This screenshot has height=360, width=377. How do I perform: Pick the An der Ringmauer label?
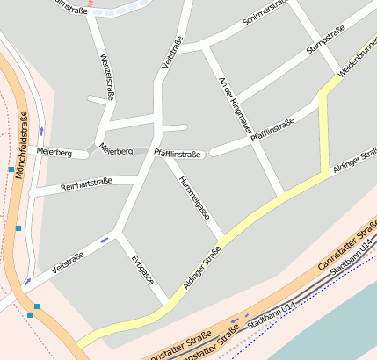point(235,104)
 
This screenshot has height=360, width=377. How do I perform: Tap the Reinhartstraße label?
point(87,185)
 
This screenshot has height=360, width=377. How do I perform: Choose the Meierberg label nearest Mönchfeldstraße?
point(54,153)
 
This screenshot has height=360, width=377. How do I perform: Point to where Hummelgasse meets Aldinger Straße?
point(221,239)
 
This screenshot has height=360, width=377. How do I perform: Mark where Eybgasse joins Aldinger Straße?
point(169,305)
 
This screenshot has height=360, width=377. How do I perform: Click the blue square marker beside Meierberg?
point(11,169)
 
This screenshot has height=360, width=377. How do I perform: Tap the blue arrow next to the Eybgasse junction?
point(105,238)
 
